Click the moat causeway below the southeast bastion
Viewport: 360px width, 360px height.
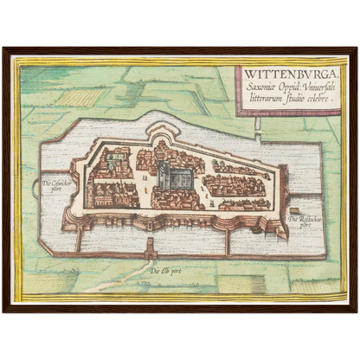click(227, 242)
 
